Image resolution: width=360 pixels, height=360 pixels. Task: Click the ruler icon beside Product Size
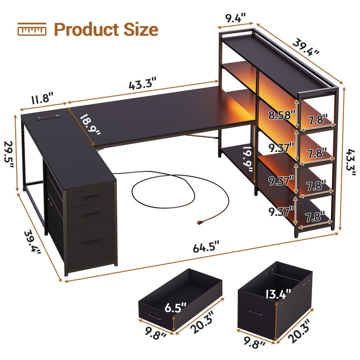[x=31, y=30]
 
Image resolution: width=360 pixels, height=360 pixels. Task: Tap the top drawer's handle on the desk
[x=91, y=197]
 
